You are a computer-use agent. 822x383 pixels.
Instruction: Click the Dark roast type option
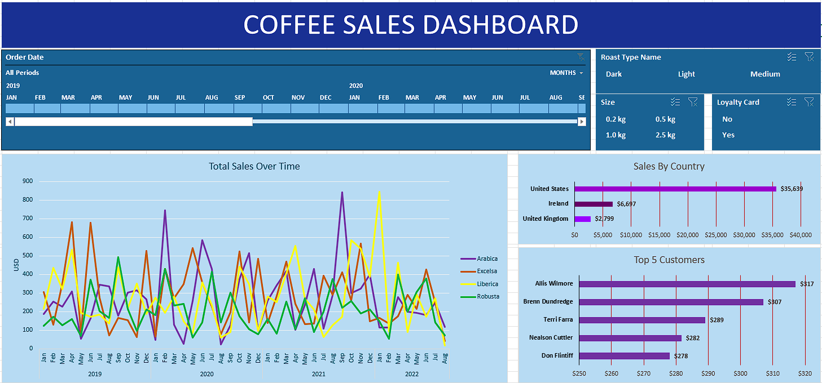[614, 74]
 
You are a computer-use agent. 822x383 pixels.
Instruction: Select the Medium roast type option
[765, 74]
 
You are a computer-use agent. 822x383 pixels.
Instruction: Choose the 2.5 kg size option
[665, 135]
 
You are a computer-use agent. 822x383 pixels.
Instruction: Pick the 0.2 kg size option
[616, 119]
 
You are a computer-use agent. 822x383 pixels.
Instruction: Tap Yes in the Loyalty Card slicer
[728, 135]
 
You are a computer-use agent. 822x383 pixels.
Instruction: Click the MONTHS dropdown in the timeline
[566, 73]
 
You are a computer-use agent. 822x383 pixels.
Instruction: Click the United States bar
[675, 189]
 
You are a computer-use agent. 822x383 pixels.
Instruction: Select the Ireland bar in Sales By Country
[594, 204]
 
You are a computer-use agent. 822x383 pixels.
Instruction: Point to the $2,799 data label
[606, 219]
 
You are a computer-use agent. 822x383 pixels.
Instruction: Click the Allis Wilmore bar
[687, 284]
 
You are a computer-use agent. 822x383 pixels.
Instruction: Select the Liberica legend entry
[487, 284]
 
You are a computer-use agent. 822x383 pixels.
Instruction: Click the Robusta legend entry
[487, 296]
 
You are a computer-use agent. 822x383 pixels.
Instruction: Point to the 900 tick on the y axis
[27, 181]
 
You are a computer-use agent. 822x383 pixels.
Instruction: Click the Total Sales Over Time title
[254, 166]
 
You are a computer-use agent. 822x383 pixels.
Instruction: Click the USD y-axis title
[16, 265]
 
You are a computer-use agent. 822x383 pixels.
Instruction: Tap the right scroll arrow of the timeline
[582, 122]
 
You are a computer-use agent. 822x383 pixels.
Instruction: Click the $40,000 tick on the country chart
[801, 235]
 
